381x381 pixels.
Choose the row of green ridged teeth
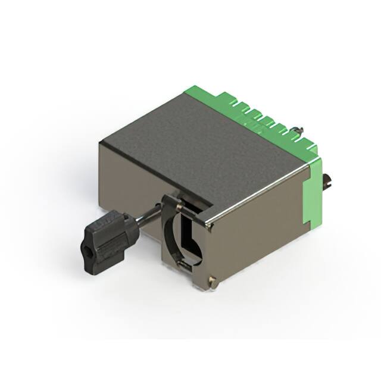pos(262,116)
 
